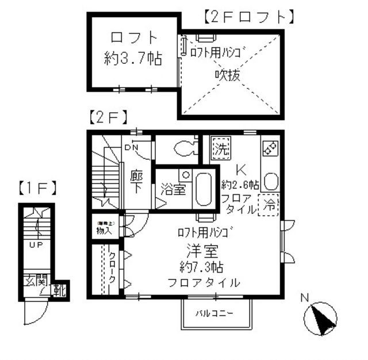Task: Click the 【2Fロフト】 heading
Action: pyautogui.click(x=249, y=17)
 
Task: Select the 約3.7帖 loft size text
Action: pyautogui.click(x=133, y=58)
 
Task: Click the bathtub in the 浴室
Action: pyautogui.click(x=203, y=188)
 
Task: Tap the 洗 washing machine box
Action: pyautogui.click(x=220, y=149)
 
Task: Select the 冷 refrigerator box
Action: pyautogui.click(x=268, y=205)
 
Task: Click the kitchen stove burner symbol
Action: pyautogui.click(x=269, y=148)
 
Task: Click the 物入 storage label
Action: pyautogui.click(x=104, y=231)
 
